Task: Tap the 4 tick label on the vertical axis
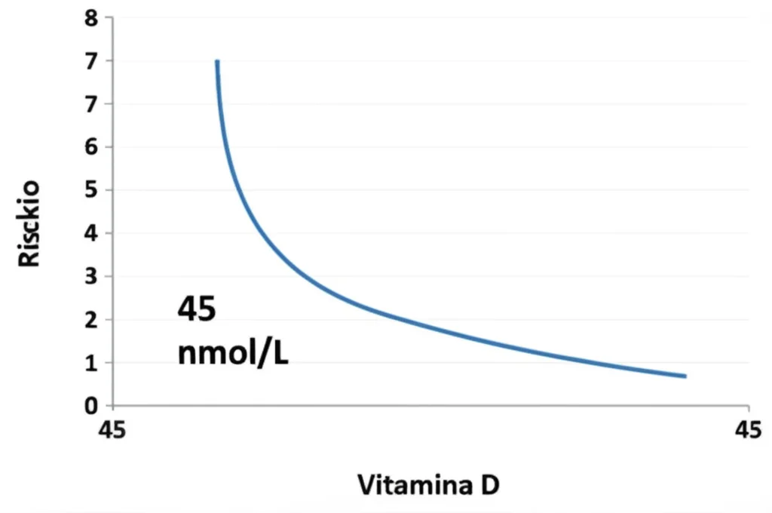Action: click(x=91, y=233)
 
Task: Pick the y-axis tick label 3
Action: click(x=91, y=276)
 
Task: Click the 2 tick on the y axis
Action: click(x=91, y=319)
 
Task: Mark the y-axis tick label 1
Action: click(x=91, y=362)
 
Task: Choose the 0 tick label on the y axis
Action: click(x=91, y=406)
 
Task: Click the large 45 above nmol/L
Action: click(x=197, y=309)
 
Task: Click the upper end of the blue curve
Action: click(x=217, y=62)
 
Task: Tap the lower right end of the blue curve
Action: click(x=685, y=376)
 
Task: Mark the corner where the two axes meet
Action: click(x=113, y=406)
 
